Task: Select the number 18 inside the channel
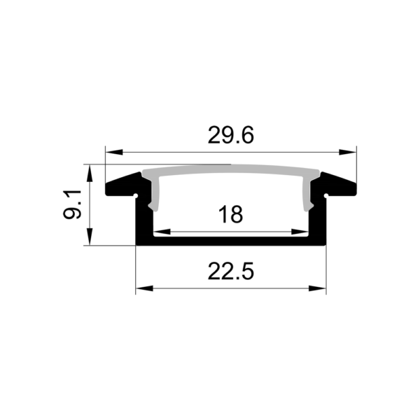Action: click(230, 214)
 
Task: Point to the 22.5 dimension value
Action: click(230, 270)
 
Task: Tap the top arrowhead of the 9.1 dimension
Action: click(90, 170)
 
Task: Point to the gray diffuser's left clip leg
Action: click(155, 195)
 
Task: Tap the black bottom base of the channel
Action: click(230, 241)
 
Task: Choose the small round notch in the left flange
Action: click(136, 190)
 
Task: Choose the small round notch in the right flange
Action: click(325, 190)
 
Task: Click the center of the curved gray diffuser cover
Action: click(230, 170)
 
